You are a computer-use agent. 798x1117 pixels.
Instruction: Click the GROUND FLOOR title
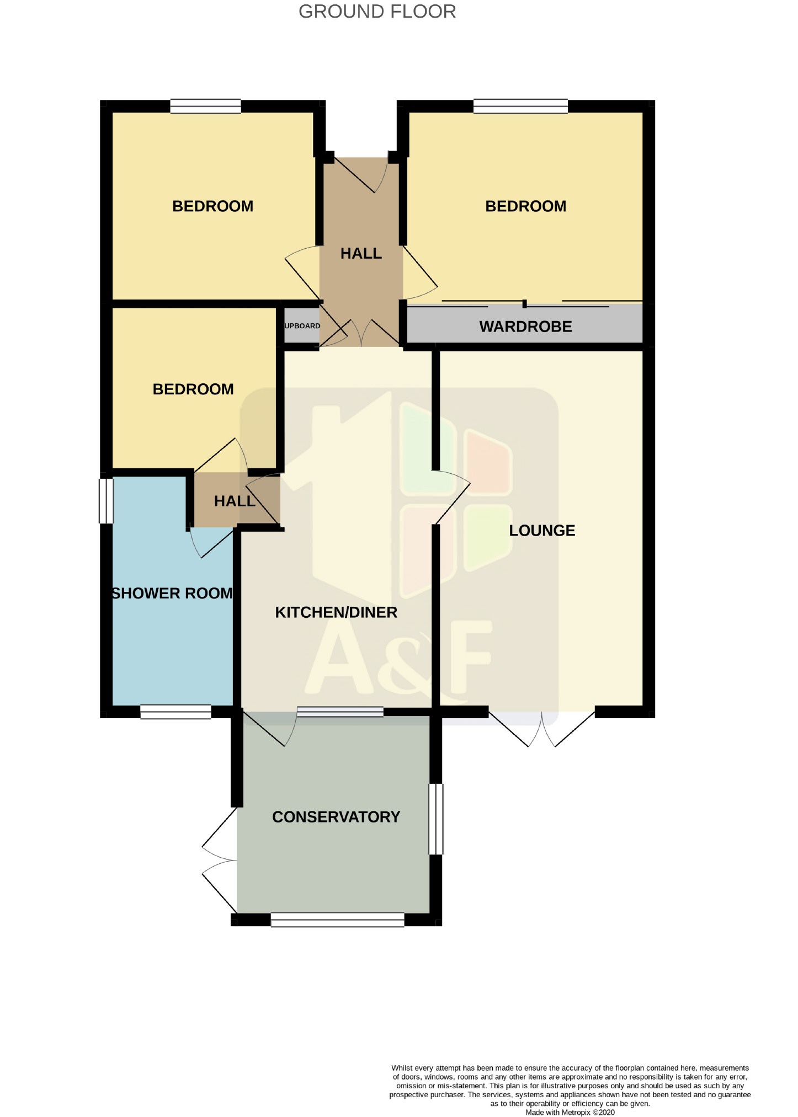click(377, 12)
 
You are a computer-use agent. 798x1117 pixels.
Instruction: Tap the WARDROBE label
click(525, 327)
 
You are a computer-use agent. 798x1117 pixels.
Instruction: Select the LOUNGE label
click(542, 531)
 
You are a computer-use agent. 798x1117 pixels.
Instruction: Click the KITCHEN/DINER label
click(336, 612)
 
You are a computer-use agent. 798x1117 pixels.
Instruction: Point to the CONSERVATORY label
click(336, 817)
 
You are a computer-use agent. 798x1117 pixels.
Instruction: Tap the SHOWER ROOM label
click(172, 594)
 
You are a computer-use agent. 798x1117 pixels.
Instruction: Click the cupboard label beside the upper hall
click(302, 326)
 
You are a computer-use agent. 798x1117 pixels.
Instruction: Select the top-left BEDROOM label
click(212, 206)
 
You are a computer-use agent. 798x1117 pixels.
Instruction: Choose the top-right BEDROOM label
click(525, 206)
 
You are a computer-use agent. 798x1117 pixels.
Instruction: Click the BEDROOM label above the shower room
click(193, 389)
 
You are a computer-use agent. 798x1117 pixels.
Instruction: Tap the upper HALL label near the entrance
click(361, 254)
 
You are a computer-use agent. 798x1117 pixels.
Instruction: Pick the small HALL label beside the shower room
click(235, 501)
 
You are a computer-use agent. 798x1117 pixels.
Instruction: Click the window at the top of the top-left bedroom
click(205, 106)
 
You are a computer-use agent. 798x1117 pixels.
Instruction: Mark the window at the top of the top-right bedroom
click(520, 106)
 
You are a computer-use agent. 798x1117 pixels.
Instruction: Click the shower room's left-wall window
click(106, 500)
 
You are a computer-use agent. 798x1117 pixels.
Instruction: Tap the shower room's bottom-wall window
click(175, 712)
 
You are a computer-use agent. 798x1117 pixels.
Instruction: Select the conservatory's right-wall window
click(436, 819)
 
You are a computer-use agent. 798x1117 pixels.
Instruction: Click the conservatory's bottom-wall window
click(337, 920)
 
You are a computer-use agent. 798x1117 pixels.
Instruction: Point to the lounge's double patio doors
click(542, 727)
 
